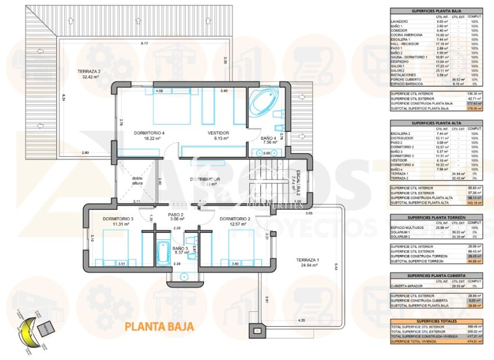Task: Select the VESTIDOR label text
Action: pos(219,133)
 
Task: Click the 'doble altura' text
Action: pos(137,181)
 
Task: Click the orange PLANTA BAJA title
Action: pos(159,327)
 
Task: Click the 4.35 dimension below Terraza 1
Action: pos(301,320)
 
